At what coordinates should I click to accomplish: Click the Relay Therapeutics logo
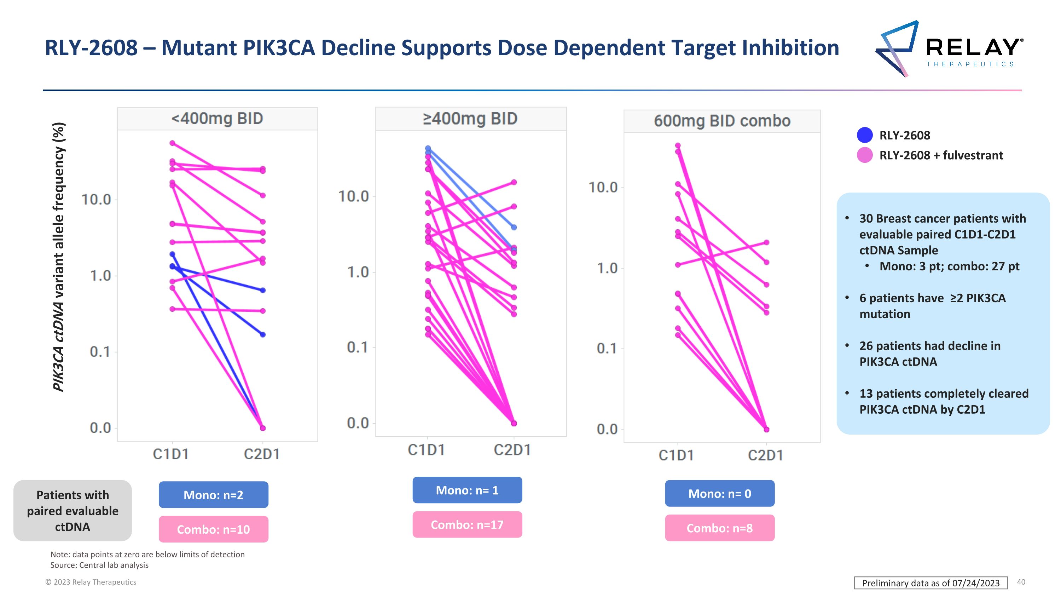pos(949,48)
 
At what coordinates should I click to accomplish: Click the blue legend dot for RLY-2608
pos(864,135)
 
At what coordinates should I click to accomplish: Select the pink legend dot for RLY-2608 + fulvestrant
pos(864,155)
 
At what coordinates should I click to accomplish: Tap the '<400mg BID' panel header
pos(217,119)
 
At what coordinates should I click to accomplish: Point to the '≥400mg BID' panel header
pos(470,119)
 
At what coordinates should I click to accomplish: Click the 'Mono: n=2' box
pos(213,494)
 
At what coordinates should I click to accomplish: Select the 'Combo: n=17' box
pos(467,524)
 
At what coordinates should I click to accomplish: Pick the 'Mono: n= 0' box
pos(720,493)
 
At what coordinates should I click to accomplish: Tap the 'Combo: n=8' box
pos(720,528)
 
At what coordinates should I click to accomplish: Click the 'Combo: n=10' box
pos(213,529)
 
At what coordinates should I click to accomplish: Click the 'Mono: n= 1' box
pos(467,490)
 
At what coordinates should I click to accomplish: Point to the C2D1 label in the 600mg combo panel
pos(765,455)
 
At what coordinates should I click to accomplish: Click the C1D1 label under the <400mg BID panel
pos(171,454)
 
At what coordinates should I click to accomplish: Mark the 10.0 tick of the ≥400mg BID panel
pos(353,196)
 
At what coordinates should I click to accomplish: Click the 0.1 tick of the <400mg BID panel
pos(100,352)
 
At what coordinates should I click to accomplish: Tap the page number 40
pos(1021,582)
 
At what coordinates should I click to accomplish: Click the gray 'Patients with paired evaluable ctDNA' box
pos(73,511)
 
